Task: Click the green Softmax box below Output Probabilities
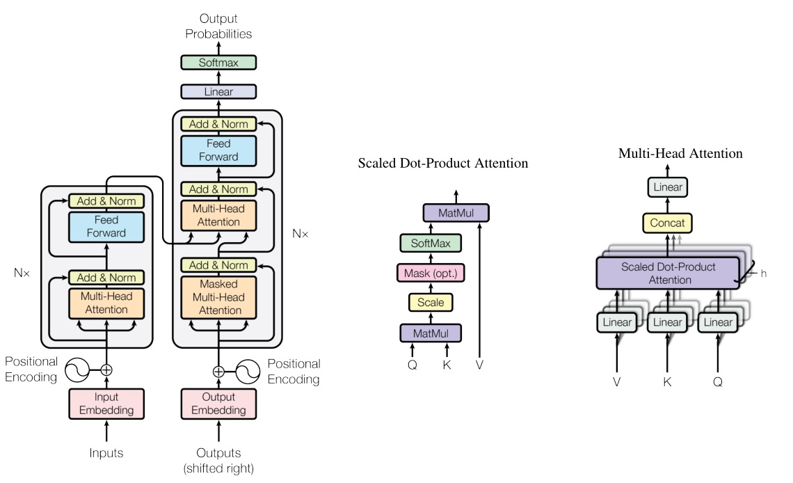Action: pyautogui.click(x=218, y=63)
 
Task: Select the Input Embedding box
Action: pyautogui.click(x=106, y=403)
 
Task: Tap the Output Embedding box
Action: pyautogui.click(x=218, y=403)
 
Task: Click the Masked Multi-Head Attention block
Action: pyautogui.click(x=218, y=297)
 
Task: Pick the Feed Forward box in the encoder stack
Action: pyautogui.click(x=106, y=226)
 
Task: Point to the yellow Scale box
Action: pyautogui.click(x=431, y=302)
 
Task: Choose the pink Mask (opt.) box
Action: pyautogui.click(x=431, y=272)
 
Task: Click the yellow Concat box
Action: pyautogui.click(x=667, y=223)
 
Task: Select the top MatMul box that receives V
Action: pyautogui.click(x=456, y=212)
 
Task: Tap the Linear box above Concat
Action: pyautogui.click(x=667, y=187)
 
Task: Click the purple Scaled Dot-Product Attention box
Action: pyautogui.click(x=667, y=273)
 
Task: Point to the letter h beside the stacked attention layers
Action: pyautogui.click(x=763, y=274)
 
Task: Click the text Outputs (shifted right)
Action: pyautogui.click(x=218, y=460)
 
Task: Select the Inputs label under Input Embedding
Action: pyautogui.click(x=106, y=453)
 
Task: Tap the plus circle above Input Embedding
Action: pyautogui.click(x=106, y=370)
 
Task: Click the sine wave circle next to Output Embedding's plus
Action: pyautogui.click(x=247, y=371)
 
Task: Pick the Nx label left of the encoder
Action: pyautogui.click(x=22, y=273)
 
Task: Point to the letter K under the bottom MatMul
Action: pyautogui.click(x=447, y=364)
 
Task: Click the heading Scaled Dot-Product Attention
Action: pyautogui.click(x=443, y=164)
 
